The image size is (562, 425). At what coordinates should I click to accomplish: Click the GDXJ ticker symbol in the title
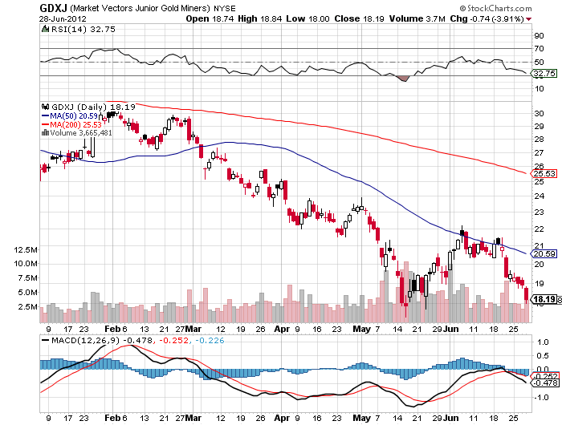[53, 7]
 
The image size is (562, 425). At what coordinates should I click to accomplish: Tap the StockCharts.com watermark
[495, 8]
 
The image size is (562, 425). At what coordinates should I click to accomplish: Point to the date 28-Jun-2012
[63, 18]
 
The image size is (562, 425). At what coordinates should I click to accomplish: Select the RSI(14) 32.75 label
[78, 29]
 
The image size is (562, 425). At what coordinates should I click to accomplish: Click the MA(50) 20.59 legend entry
[70, 115]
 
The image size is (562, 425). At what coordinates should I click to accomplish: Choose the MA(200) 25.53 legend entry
[71, 124]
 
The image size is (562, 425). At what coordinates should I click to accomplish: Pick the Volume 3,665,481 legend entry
[77, 133]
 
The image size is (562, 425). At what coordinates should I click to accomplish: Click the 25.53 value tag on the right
[544, 174]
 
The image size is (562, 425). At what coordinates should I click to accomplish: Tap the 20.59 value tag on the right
[544, 254]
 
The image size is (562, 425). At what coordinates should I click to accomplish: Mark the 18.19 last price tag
[544, 299]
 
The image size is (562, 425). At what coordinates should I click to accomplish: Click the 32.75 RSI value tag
[544, 74]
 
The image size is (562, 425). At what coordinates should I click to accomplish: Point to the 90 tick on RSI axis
[539, 35]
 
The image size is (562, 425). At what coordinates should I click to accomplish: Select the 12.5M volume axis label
[26, 249]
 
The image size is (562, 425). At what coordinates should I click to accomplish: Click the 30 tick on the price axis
[539, 113]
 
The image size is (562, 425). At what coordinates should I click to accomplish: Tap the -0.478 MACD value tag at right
[545, 383]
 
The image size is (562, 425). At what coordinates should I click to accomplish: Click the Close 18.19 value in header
[359, 18]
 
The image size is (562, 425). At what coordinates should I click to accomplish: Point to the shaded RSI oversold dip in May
[402, 79]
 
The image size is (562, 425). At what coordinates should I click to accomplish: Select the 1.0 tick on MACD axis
[543, 342]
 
